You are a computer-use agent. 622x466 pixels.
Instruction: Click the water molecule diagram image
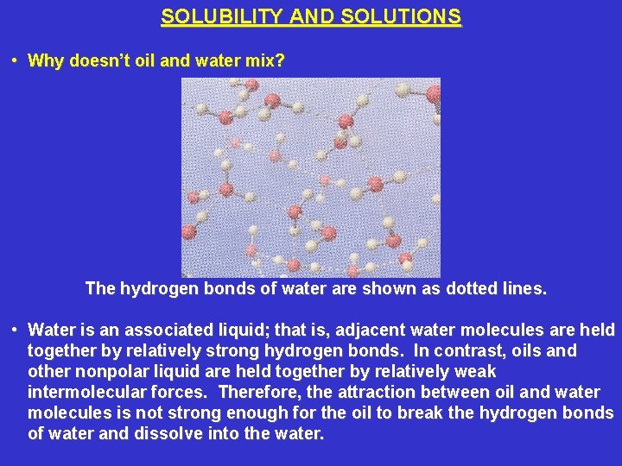coord(311,177)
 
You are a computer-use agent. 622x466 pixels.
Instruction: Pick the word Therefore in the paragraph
coord(260,393)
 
